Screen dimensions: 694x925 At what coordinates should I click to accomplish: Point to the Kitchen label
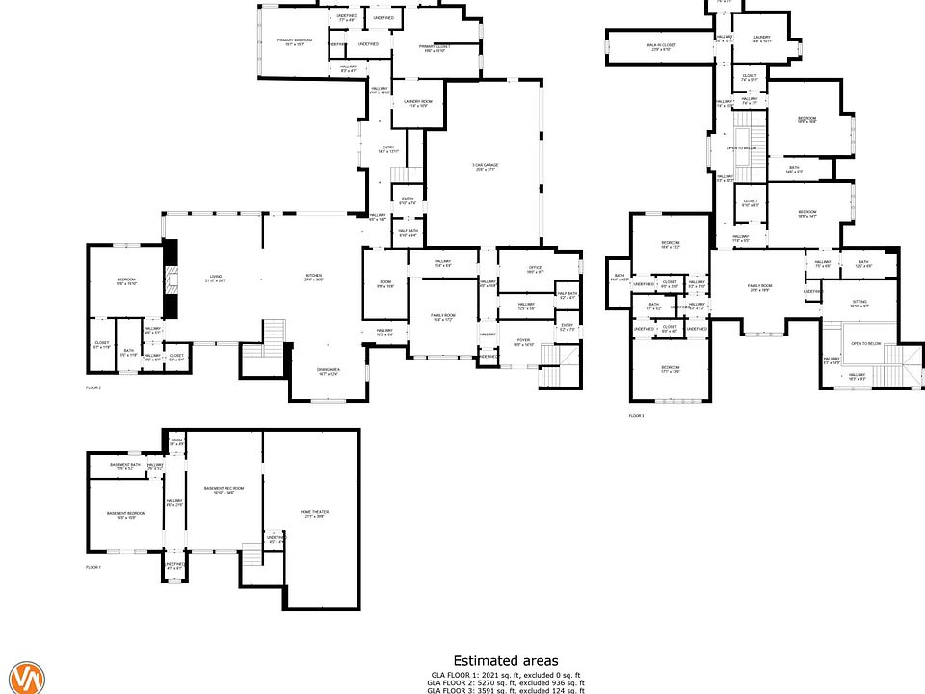tap(313, 278)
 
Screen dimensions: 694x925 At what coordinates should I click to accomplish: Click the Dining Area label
tap(329, 371)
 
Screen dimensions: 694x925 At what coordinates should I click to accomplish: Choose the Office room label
tap(536, 270)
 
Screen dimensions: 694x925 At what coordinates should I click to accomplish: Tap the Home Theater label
tap(312, 514)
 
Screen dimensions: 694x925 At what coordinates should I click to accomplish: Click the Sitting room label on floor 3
tap(859, 304)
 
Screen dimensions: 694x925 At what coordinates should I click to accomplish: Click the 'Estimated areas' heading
tap(506, 660)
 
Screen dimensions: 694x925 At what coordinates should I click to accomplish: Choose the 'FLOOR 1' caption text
tap(93, 568)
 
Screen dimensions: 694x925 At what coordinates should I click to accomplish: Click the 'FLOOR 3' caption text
tap(636, 415)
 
